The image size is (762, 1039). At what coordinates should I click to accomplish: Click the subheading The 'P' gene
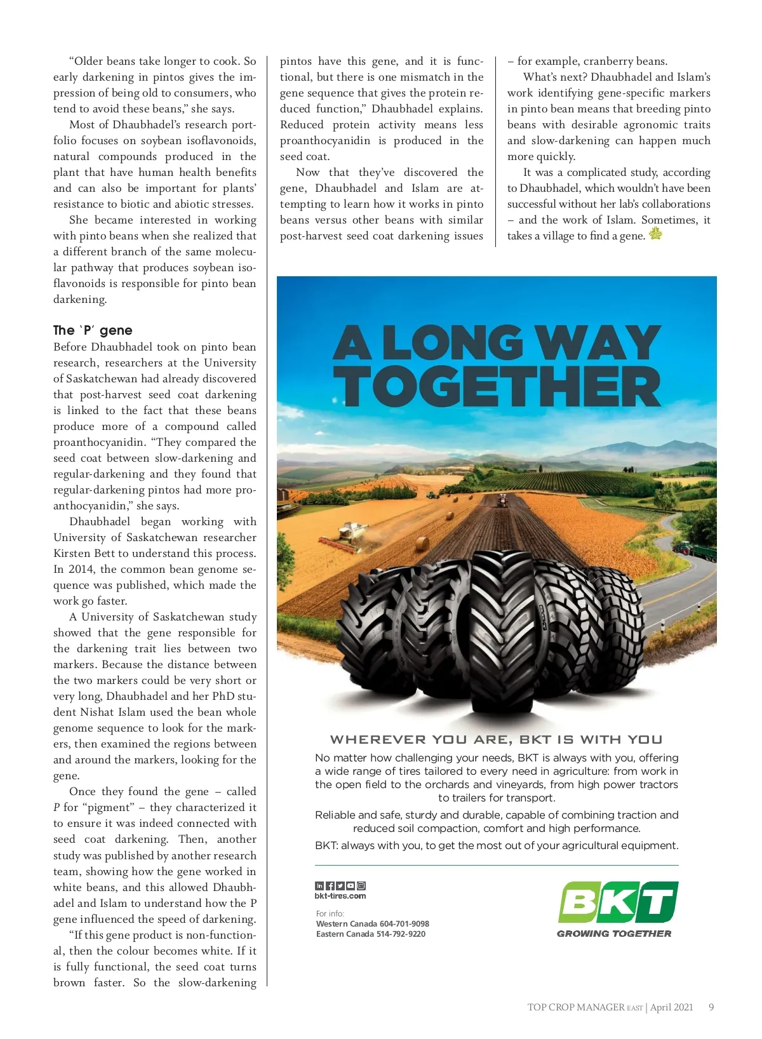[x=93, y=330]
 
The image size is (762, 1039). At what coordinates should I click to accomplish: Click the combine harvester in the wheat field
[x=346, y=535]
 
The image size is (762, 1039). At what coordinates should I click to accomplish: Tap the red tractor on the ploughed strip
[x=502, y=500]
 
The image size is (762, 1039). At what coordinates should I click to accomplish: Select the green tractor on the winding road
[x=685, y=547]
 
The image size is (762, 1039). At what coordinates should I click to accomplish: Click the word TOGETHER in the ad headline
[x=497, y=387]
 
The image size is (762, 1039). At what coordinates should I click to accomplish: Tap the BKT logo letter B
[x=579, y=902]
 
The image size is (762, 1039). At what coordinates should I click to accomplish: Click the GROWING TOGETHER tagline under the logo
[x=613, y=934]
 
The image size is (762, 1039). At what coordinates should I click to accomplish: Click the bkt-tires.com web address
[x=340, y=896]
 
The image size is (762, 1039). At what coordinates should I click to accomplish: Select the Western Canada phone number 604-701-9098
[x=404, y=924]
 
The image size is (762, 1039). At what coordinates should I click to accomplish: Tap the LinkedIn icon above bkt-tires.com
[x=319, y=886]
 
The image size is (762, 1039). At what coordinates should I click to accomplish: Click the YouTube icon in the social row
[x=351, y=886]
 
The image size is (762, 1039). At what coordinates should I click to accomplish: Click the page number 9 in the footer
[x=711, y=1007]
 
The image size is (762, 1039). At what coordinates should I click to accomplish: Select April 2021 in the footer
[x=671, y=1007]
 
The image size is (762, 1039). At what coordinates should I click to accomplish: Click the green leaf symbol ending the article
[x=655, y=234]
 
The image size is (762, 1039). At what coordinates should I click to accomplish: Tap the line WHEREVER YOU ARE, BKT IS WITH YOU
[x=496, y=740]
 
